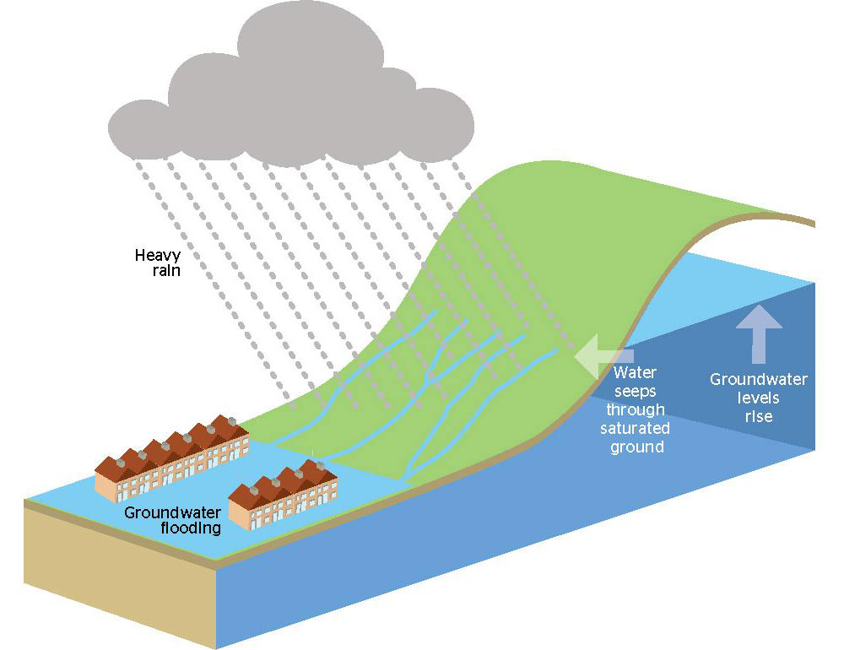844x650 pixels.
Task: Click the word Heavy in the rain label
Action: click(x=158, y=255)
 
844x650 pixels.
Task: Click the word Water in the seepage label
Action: click(x=635, y=371)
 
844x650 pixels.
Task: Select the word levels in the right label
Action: click(x=757, y=398)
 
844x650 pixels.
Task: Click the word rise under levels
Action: click(x=758, y=416)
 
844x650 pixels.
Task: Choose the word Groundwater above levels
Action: click(x=758, y=379)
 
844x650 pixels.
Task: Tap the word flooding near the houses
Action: click(x=191, y=528)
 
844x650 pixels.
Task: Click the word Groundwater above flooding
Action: click(x=173, y=512)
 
